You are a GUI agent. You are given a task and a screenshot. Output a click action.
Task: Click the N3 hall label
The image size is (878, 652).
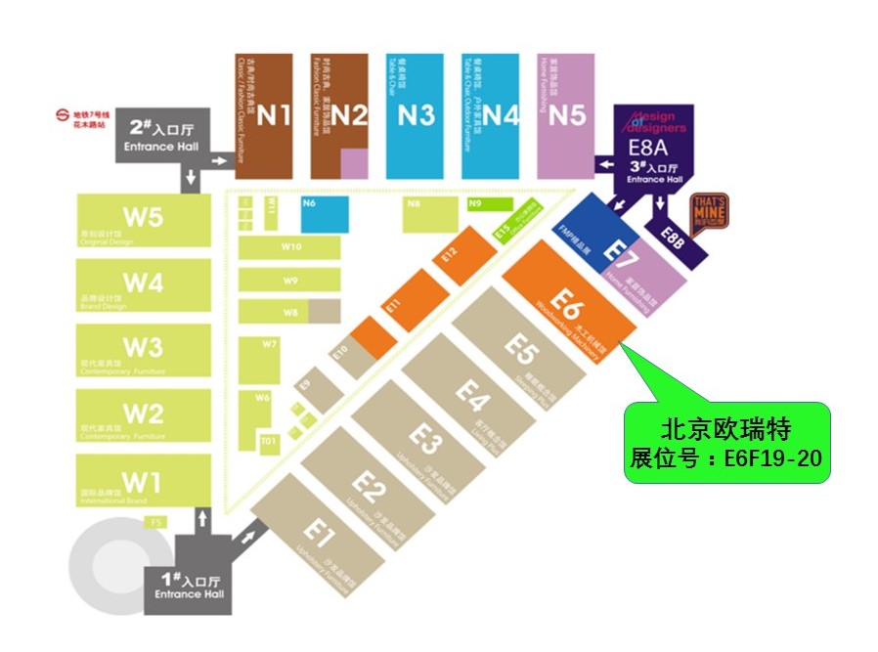(416, 115)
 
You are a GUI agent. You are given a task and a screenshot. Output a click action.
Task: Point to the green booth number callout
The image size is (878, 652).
(727, 442)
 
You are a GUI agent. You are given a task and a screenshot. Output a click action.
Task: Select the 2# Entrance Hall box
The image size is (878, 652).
(162, 134)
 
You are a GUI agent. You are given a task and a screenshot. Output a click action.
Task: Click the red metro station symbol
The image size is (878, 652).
(62, 119)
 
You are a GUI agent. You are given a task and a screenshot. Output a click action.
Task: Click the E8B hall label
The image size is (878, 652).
(673, 235)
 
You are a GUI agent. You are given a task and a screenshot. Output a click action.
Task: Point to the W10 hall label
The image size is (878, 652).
(290, 246)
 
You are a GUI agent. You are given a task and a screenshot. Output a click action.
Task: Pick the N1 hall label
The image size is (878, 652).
(275, 115)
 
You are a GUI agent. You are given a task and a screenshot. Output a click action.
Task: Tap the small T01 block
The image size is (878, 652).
(269, 442)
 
